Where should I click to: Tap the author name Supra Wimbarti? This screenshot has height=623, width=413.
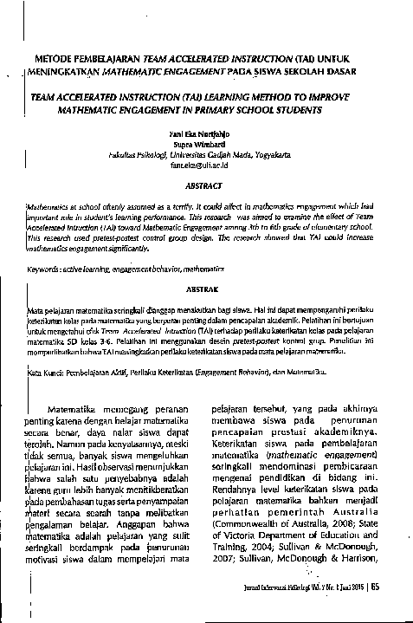coord(204,146)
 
